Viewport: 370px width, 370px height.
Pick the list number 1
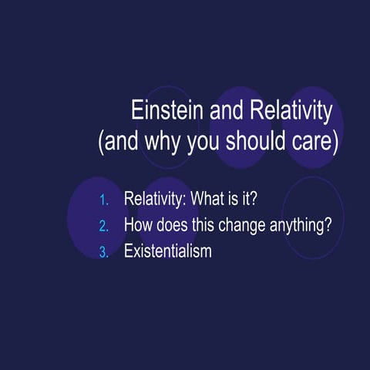(105, 201)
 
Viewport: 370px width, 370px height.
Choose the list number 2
(105, 227)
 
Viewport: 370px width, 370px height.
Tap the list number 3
(105, 252)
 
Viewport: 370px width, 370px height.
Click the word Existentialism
(167, 251)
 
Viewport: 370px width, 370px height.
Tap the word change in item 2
(231, 226)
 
